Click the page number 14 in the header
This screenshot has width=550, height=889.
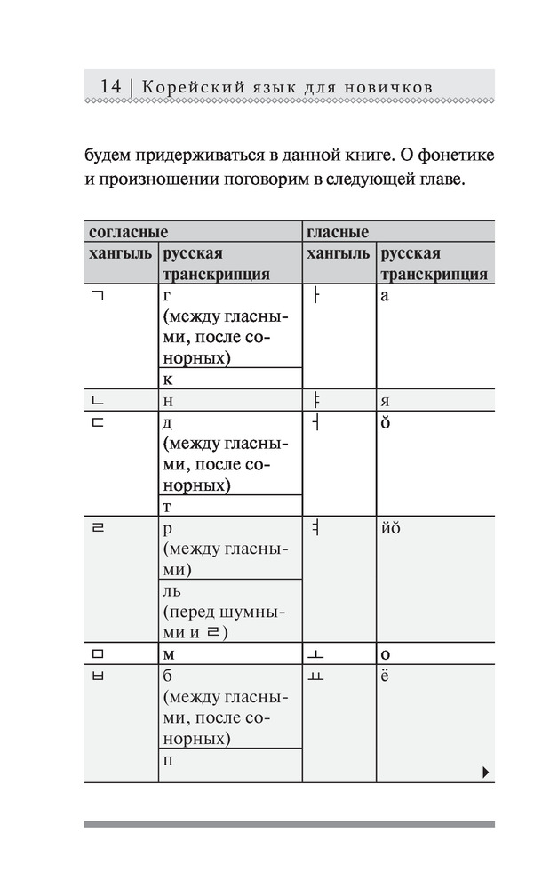111,86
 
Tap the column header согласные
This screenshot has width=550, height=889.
129,232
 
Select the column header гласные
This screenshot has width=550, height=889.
338,232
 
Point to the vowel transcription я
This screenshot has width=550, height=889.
385,401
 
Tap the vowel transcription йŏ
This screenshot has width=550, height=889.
391,528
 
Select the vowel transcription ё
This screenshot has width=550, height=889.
385,676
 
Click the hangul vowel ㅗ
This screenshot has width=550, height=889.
315,654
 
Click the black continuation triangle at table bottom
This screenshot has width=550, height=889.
485,773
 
